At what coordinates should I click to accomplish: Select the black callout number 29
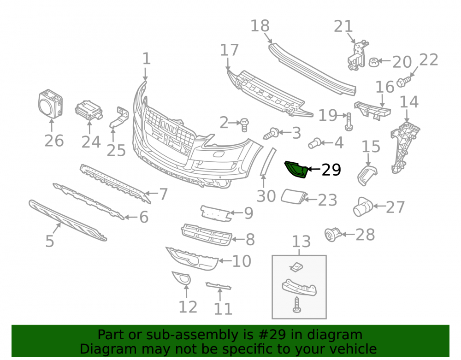tap(331, 170)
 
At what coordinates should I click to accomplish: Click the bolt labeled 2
tap(244, 124)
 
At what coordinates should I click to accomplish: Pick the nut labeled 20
tap(374, 62)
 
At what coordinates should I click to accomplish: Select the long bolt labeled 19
tap(349, 121)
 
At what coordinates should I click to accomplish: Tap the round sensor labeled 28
tap(332, 235)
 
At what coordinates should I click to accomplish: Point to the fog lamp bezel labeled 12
tap(181, 278)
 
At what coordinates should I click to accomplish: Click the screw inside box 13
tap(296, 305)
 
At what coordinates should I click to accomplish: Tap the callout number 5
tap(50, 241)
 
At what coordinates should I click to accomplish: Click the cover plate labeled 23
tap(294, 197)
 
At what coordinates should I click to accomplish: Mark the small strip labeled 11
tap(219, 285)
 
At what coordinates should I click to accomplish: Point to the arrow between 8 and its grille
tap(238, 239)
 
